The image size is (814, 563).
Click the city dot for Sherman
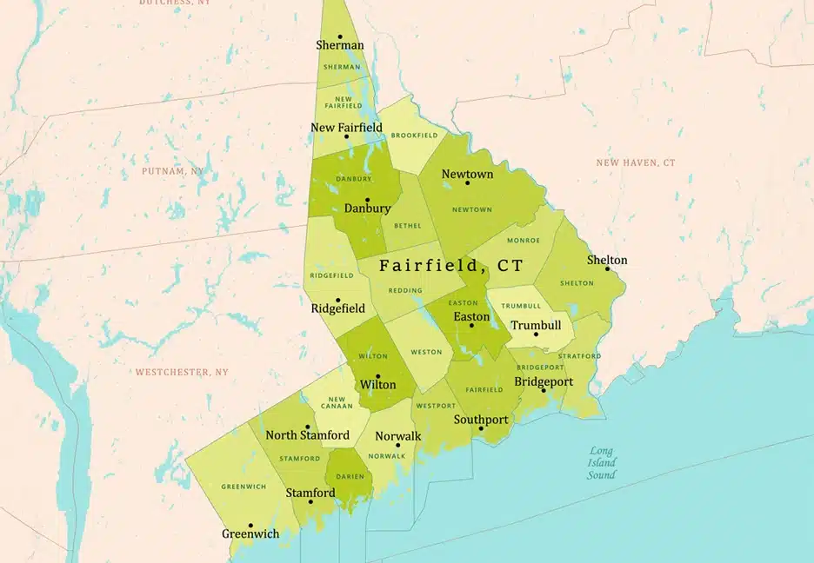click(x=340, y=36)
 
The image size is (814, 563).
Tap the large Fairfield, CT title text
click(x=451, y=265)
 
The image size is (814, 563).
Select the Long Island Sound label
click(x=601, y=462)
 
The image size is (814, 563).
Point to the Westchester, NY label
click(x=182, y=372)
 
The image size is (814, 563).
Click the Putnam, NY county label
click(x=173, y=171)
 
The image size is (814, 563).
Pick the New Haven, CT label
click(x=635, y=162)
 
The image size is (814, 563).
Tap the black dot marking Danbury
click(x=367, y=199)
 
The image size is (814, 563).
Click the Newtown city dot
click(x=467, y=182)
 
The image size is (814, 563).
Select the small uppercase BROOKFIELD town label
click(x=414, y=136)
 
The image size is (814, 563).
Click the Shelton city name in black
click(x=606, y=260)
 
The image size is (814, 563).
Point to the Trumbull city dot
click(x=536, y=334)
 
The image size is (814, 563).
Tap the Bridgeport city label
click(x=544, y=381)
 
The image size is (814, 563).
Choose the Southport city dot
click(x=481, y=428)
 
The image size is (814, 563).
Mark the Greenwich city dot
click(x=250, y=525)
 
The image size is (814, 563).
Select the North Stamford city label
click(x=307, y=435)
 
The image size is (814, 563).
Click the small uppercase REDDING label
click(x=405, y=291)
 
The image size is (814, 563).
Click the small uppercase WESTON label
click(x=426, y=352)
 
